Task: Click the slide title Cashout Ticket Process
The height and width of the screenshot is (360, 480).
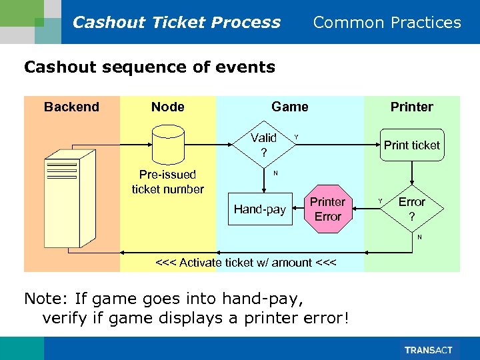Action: (x=176, y=22)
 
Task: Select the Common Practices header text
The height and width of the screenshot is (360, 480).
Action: (x=387, y=22)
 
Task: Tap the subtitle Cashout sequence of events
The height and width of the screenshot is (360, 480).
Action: (x=149, y=67)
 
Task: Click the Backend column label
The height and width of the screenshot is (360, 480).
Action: (x=71, y=107)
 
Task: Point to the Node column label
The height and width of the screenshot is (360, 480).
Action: (x=167, y=107)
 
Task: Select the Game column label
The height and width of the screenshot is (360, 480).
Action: (x=289, y=107)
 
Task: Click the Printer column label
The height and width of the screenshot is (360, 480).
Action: (x=411, y=107)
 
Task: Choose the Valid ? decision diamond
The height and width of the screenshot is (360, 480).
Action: (x=263, y=145)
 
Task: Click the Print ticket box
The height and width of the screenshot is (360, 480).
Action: (x=411, y=145)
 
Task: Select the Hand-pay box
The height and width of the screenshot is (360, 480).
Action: (x=259, y=209)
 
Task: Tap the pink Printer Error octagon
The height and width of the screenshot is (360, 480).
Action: (x=327, y=209)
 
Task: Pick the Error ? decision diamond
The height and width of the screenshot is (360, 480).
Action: (x=411, y=209)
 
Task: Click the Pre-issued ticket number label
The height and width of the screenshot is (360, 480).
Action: (x=167, y=182)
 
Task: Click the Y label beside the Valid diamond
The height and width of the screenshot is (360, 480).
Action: (x=296, y=137)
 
